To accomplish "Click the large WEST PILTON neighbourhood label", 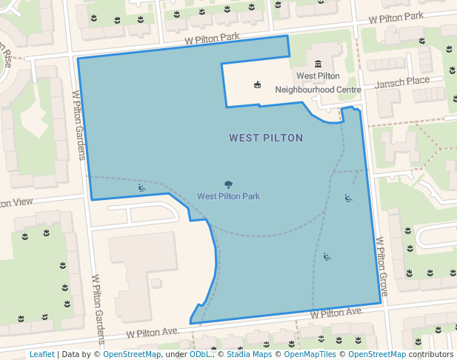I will point(266,138).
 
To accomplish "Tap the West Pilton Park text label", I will point(228,196).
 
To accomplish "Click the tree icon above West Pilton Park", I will point(228,184).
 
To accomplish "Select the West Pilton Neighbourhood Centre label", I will point(318,83).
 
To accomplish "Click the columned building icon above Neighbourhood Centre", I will point(318,64).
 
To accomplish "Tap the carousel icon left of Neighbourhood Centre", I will point(257,84).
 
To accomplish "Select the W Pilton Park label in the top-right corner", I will point(396,16).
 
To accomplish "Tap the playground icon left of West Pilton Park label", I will point(141,187).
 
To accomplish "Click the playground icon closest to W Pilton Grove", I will point(348,198).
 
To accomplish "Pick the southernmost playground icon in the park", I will point(327,257).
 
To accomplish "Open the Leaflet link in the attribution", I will point(41,354).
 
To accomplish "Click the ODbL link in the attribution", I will point(199,354).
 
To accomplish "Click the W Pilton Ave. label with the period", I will point(337,313).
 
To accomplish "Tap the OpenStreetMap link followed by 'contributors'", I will point(377,354).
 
